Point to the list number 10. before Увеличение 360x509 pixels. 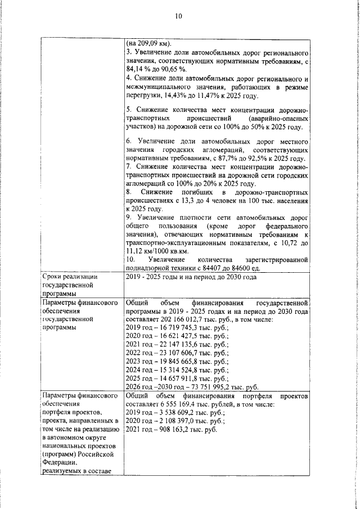(x=130, y=259)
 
